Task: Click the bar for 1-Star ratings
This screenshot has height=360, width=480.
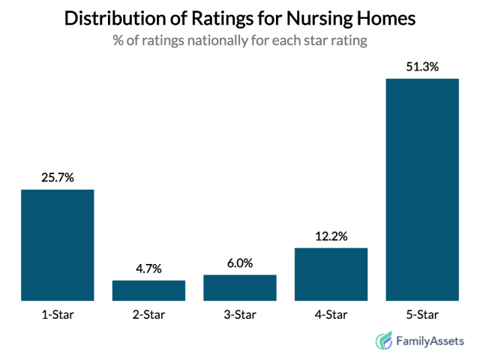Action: [57, 245]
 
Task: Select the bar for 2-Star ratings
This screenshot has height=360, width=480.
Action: [148, 291]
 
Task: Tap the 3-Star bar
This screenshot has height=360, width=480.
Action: [240, 288]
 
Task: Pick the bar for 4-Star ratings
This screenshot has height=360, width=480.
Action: [331, 274]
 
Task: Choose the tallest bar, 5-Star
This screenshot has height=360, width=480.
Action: [422, 190]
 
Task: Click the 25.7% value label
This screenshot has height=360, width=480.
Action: [57, 178]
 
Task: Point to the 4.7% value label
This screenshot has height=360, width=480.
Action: [148, 268]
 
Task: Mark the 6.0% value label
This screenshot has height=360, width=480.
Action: [240, 263]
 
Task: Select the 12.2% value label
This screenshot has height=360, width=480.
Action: [331, 236]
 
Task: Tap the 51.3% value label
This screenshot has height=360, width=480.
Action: [422, 67]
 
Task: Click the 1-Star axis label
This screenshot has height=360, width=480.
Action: [57, 313]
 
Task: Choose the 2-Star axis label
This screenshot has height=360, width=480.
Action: [148, 313]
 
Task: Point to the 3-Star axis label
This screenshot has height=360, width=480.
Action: [240, 313]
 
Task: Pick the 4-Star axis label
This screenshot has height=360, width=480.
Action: [331, 313]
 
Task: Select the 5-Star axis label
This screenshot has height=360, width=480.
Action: [422, 313]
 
